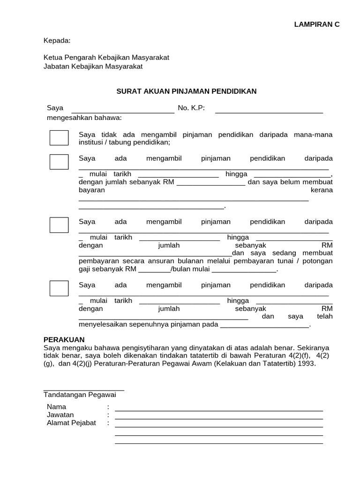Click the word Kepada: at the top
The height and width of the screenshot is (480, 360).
57,41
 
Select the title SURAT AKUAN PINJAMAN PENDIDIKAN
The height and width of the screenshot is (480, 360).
187,91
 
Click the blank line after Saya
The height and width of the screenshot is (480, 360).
122,112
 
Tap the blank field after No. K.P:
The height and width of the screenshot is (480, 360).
269,112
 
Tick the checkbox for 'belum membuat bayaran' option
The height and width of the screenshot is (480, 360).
59,162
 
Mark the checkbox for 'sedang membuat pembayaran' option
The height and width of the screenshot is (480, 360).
59,225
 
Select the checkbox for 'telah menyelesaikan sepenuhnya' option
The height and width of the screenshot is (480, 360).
59,288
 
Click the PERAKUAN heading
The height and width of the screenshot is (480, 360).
64,339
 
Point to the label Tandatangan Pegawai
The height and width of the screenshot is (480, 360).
80,395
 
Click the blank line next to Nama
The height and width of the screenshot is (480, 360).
219,410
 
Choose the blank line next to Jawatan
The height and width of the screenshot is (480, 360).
219,418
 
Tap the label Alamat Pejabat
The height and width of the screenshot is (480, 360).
71,423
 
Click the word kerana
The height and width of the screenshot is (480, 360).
322,190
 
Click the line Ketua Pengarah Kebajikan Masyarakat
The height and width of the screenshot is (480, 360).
106,57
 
